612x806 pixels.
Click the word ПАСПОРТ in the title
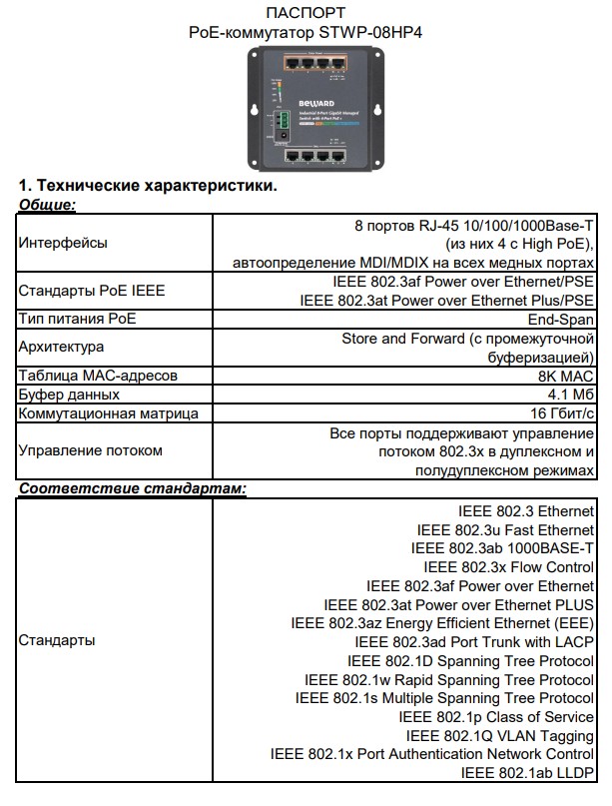click(x=306, y=13)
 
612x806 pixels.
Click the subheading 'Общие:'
click(x=48, y=204)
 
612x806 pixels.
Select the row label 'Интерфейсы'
click(x=64, y=243)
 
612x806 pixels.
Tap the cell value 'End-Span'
click(x=561, y=320)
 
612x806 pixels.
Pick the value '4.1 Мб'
click(x=570, y=395)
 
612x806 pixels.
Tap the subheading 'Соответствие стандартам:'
click(x=133, y=489)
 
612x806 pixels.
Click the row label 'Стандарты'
click(x=58, y=640)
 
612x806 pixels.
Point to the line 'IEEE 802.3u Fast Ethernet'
click(x=505, y=529)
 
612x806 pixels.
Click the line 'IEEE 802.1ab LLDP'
click(x=527, y=773)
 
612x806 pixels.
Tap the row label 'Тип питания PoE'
click(x=78, y=320)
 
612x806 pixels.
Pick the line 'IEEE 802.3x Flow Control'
click(x=508, y=566)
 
